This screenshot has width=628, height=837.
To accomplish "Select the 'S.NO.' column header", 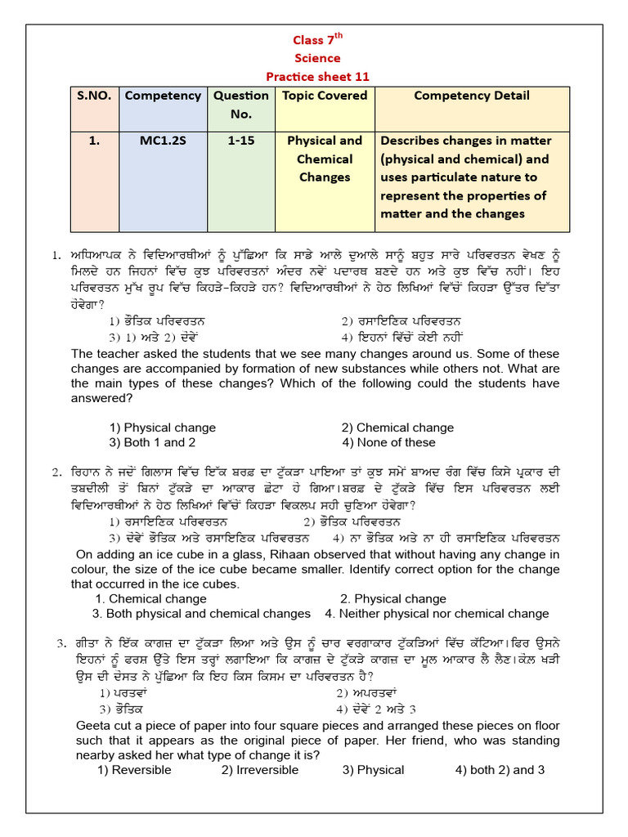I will pyautogui.click(x=93, y=96).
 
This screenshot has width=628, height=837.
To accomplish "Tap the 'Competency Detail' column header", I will pyautogui.click(x=471, y=96).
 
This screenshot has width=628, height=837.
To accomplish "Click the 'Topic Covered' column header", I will pyautogui.click(x=324, y=96).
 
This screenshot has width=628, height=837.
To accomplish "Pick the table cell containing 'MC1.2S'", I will pyautogui.click(x=162, y=141).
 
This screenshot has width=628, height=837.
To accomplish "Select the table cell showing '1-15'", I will pyautogui.click(x=240, y=141).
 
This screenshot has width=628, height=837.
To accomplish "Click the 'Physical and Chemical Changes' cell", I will pyautogui.click(x=324, y=159).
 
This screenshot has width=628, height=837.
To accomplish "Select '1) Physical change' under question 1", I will pyautogui.click(x=162, y=427).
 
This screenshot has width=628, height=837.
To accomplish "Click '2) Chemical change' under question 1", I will pyautogui.click(x=397, y=427).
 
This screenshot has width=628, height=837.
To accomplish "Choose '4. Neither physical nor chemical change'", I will pyautogui.click(x=437, y=614).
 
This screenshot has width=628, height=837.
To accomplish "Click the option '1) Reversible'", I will pyautogui.click(x=134, y=770).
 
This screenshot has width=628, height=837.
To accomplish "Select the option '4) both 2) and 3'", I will pyautogui.click(x=500, y=770).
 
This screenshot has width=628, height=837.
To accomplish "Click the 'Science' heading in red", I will pyautogui.click(x=318, y=58).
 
